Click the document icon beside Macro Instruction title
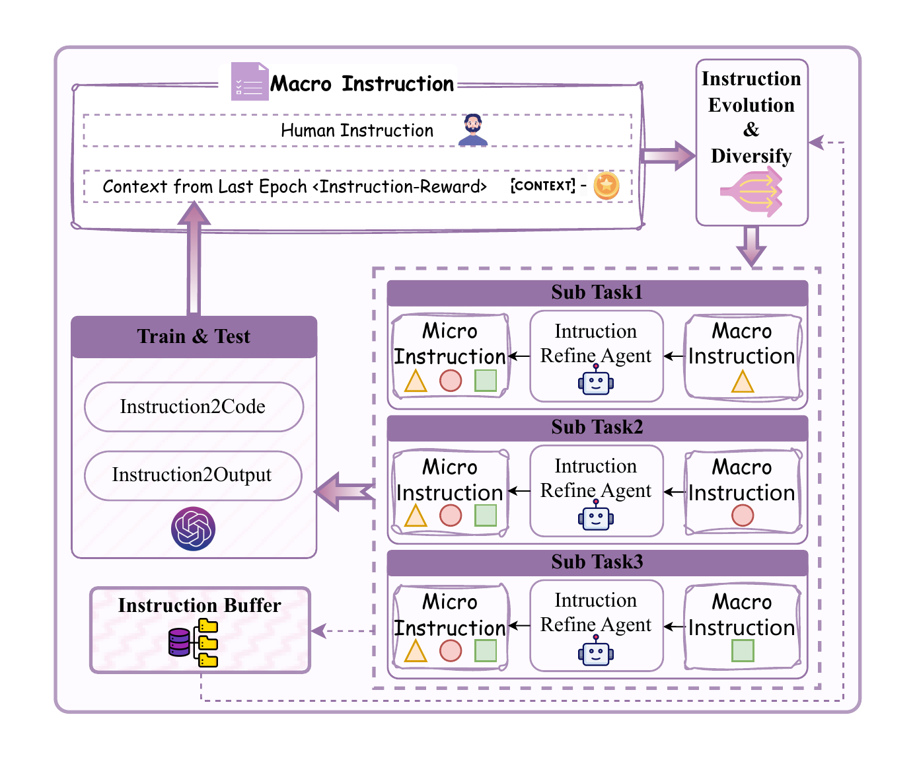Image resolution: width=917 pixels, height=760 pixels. click(x=249, y=82)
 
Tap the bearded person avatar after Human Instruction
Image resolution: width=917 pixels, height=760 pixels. click(x=472, y=130)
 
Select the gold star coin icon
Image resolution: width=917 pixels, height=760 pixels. click(x=606, y=186)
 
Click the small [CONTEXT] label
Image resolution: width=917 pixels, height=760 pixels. click(x=542, y=186)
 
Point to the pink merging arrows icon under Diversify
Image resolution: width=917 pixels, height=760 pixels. click(x=752, y=192)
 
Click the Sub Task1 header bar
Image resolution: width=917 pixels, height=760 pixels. click(x=597, y=293)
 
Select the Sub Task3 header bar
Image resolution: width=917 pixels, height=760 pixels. click(x=597, y=562)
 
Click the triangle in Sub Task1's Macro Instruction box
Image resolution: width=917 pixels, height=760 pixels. click(x=742, y=382)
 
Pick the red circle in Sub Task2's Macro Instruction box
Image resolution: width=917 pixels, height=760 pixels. click(x=742, y=515)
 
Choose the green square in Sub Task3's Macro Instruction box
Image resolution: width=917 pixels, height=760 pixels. click(x=743, y=651)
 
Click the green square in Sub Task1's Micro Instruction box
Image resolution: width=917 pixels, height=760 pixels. click(x=486, y=381)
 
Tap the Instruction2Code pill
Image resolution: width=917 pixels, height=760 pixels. click(x=194, y=407)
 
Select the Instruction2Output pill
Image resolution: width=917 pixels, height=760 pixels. click(x=193, y=475)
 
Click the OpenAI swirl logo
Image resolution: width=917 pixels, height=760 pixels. click(x=193, y=529)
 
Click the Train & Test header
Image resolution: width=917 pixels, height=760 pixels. click(x=194, y=337)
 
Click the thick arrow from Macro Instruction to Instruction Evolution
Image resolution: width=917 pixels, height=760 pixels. click(x=667, y=156)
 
